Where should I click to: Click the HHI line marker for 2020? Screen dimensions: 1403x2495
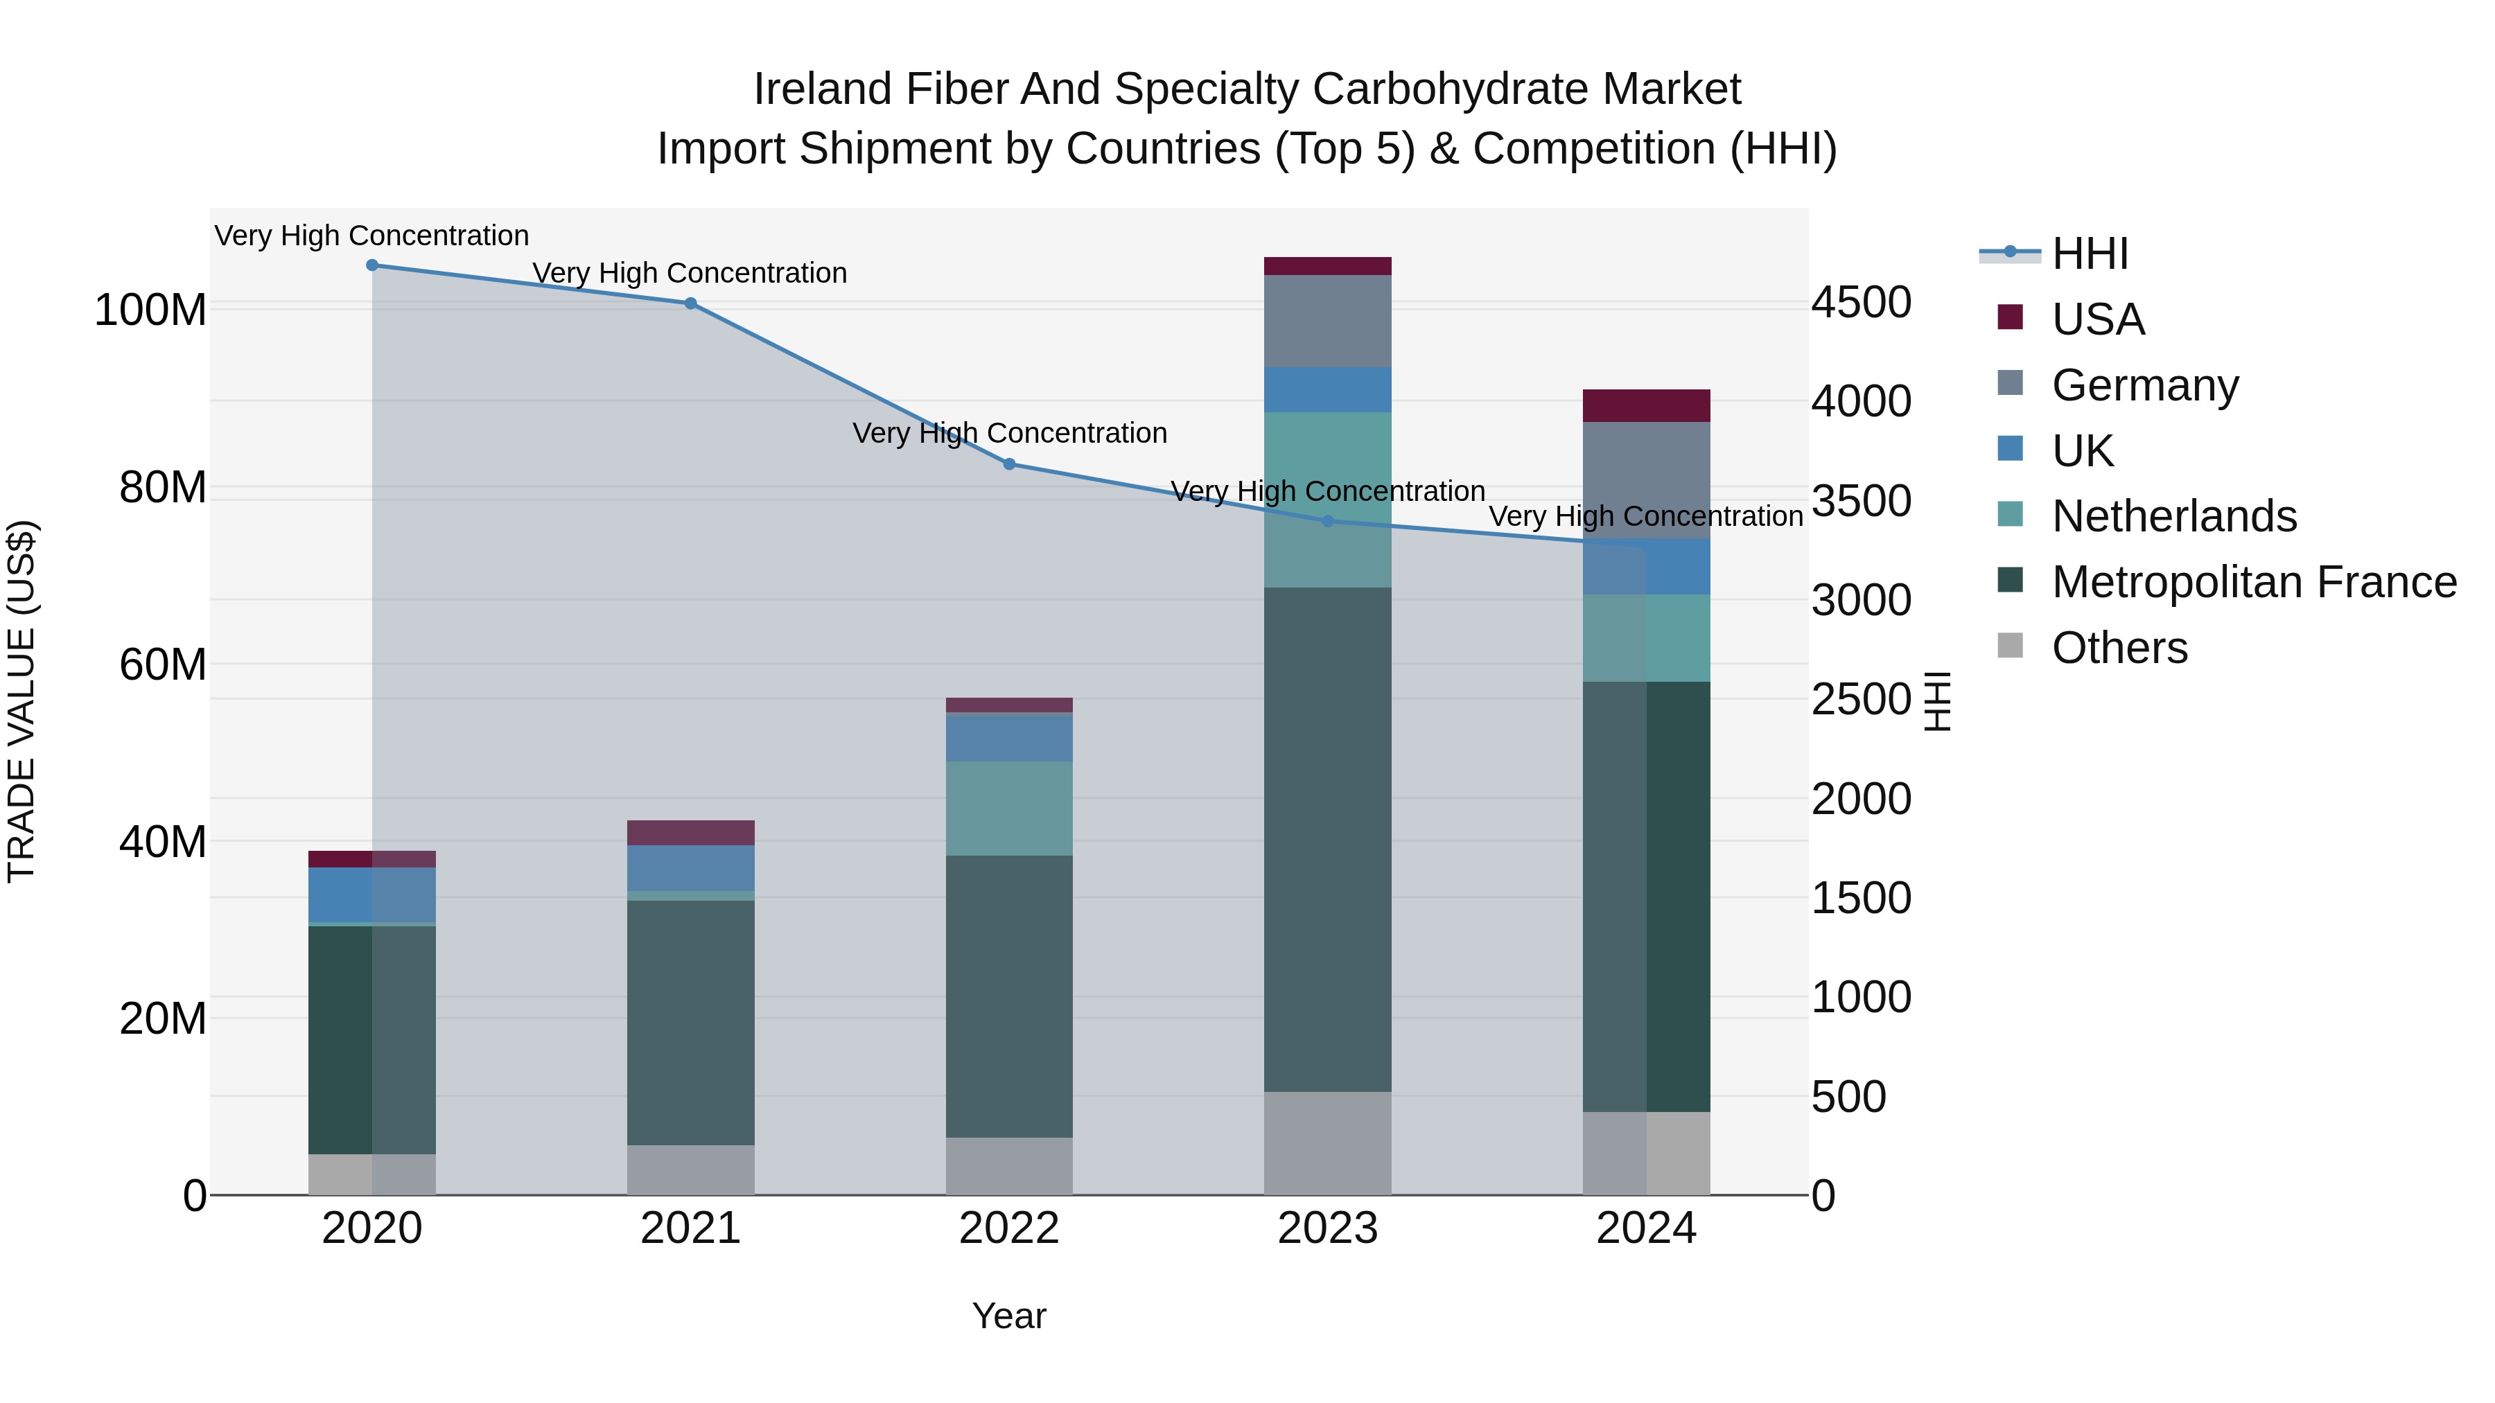coord(372,265)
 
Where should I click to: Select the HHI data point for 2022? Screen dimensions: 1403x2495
coord(1009,464)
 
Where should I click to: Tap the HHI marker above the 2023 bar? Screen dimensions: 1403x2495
coord(1328,521)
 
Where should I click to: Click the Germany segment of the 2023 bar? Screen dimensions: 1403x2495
coord(1328,321)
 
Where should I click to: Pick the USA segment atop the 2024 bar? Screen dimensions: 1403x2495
coord(1647,406)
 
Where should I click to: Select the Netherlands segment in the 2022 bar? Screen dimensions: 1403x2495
coord(1009,809)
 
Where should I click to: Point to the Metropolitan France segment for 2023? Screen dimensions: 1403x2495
coord(1328,840)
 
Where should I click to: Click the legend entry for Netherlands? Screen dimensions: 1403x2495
coord(2173,516)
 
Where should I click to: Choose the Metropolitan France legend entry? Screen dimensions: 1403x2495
coord(2253,582)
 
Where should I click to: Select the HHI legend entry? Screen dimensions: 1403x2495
coord(2089,254)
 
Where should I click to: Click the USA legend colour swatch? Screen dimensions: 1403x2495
coord(2010,317)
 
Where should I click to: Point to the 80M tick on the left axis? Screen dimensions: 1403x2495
coord(161,487)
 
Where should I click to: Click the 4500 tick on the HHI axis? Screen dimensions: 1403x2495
coord(1862,302)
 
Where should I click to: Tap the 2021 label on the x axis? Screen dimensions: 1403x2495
coord(690,1228)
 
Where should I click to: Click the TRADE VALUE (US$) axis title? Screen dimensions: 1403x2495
coord(21,701)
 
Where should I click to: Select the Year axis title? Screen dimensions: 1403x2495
coord(1009,1316)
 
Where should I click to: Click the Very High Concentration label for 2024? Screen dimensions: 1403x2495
coord(1645,516)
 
